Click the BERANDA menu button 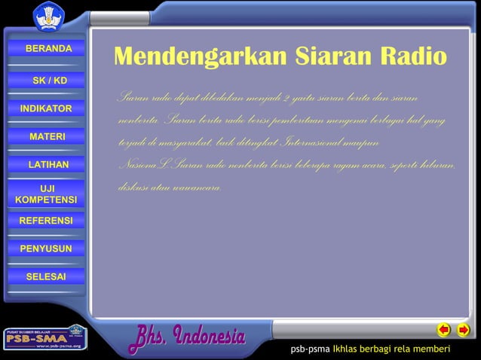[x=47, y=49]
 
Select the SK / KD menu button [x=48, y=81]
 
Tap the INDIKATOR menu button [x=46, y=109]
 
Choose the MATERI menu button [x=47, y=136]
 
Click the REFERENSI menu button [x=46, y=221]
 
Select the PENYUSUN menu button [x=46, y=249]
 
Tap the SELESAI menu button [x=46, y=276]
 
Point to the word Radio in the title [x=410, y=57]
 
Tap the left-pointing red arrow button [x=445, y=330]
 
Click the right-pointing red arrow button [x=463, y=330]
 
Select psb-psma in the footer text [x=311, y=350]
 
